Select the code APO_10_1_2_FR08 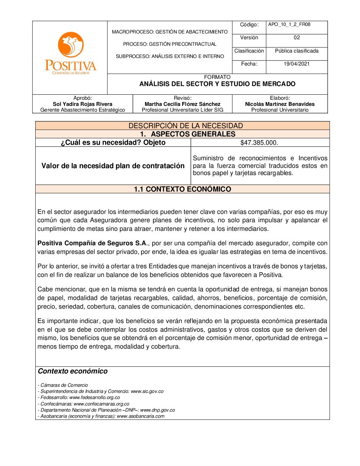pyautogui.click(x=289, y=24)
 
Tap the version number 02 pyautogui.click(x=297, y=37)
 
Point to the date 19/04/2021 pyautogui.click(x=297, y=64)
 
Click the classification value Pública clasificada pyautogui.click(x=297, y=51)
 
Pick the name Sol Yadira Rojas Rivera pyautogui.click(x=82, y=104)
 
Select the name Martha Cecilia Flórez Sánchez pyautogui.click(x=183, y=104)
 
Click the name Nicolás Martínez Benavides pyautogui.click(x=280, y=104)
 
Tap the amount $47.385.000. pyautogui.click(x=259, y=143)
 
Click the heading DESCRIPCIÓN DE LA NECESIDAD pyautogui.click(x=186, y=126)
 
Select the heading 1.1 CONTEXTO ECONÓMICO pyautogui.click(x=183, y=189)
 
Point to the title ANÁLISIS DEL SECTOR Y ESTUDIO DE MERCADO pyautogui.click(x=217, y=84)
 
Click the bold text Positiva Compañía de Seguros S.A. pyautogui.click(x=92, y=243)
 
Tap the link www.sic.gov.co pyautogui.click(x=147, y=391)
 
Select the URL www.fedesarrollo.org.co pyautogui.click(x=95, y=398)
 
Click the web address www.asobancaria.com pyautogui.click(x=140, y=416)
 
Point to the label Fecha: pyautogui.click(x=249, y=64)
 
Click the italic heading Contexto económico pyautogui.click(x=73, y=371)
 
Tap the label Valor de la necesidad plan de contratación pyautogui.click(x=113, y=166)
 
